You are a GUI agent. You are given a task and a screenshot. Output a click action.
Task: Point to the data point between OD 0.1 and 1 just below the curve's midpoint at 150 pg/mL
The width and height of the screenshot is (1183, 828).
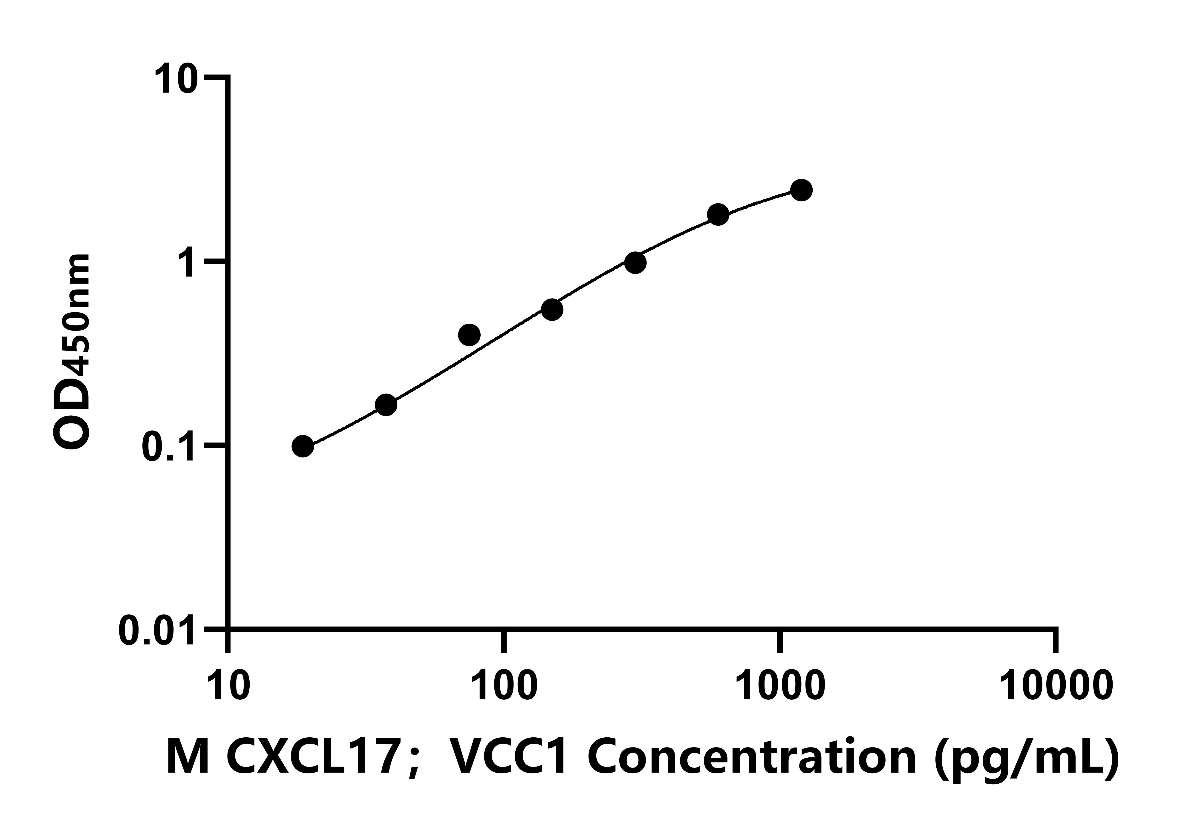pyautogui.click(x=552, y=310)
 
